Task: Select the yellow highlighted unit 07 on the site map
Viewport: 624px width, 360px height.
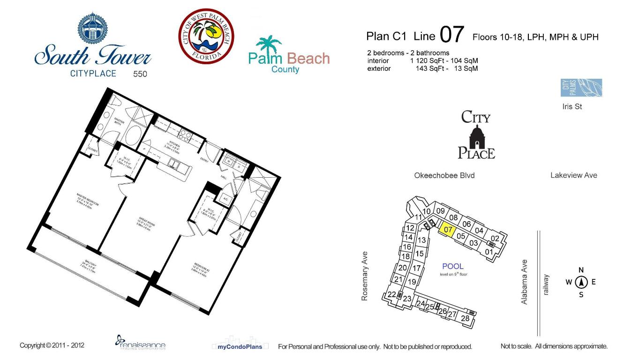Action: [x=448, y=230]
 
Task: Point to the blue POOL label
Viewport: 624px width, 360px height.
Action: [x=452, y=266]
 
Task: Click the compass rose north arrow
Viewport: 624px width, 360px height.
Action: [x=581, y=282]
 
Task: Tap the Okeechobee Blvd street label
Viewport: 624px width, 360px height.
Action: [x=444, y=175]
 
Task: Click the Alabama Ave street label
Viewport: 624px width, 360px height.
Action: [x=525, y=282]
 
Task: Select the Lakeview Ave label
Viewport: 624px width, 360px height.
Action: [x=573, y=175]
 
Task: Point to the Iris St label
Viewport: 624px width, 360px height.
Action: [x=572, y=106]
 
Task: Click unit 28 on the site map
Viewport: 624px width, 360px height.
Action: [x=465, y=318]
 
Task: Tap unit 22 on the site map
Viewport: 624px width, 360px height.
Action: [x=392, y=294]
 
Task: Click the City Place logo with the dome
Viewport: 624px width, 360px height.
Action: [x=476, y=135]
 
